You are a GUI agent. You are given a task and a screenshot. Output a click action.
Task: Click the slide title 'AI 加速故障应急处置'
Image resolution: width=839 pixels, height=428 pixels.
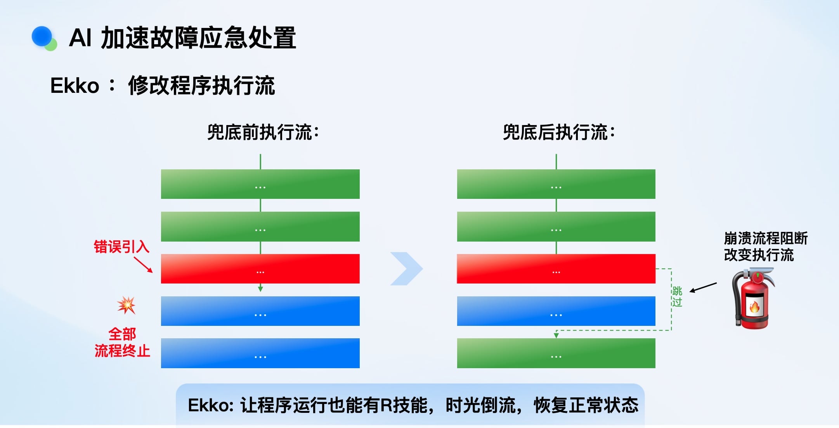coord(182,38)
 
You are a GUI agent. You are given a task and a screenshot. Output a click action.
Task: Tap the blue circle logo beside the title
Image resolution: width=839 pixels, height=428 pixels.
coord(42,37)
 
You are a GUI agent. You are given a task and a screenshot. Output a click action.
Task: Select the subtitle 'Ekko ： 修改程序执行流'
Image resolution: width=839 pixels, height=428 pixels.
coord(163,85)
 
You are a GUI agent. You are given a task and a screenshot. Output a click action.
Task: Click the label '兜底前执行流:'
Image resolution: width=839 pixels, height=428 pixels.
coord(263,132)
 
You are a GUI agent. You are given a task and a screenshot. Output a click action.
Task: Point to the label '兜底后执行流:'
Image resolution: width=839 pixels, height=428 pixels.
coord(559,132)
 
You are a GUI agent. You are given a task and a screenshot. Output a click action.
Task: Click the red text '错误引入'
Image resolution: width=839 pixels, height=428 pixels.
coord(121,247)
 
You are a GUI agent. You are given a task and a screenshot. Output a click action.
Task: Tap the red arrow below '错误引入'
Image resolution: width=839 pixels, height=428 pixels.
coord(143,264)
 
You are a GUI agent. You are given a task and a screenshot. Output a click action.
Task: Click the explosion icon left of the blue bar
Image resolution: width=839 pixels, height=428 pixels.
coord(127,305)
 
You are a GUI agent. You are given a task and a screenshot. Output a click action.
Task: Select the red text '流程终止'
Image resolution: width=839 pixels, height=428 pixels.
coord(122,351)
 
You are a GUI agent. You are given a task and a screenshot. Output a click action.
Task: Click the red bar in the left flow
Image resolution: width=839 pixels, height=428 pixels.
coord(260,269)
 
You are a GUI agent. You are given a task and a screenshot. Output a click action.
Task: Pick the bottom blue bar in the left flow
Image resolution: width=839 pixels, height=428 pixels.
coord(260,353)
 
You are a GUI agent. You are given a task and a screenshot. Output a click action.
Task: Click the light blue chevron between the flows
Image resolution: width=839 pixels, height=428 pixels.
coord(406,269)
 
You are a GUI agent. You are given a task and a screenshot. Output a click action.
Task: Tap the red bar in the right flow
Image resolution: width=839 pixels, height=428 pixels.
coord(556,269)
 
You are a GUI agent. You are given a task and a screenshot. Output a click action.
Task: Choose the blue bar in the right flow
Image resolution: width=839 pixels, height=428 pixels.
coord(556,311)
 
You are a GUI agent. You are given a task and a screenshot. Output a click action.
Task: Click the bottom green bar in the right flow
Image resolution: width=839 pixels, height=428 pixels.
coord(556,353)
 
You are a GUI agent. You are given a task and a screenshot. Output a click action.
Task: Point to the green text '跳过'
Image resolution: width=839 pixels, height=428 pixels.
coord(677,297)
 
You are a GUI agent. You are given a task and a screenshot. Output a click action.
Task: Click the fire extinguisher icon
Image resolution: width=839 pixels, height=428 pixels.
coord(753,298)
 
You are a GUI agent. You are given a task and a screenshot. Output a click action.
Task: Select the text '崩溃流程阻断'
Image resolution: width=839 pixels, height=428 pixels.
coord(766,238)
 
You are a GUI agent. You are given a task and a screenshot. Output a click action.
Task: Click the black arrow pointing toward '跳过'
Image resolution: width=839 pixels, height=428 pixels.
coord(703,287)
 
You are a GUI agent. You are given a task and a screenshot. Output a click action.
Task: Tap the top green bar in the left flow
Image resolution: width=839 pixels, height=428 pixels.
coord(260,184)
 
